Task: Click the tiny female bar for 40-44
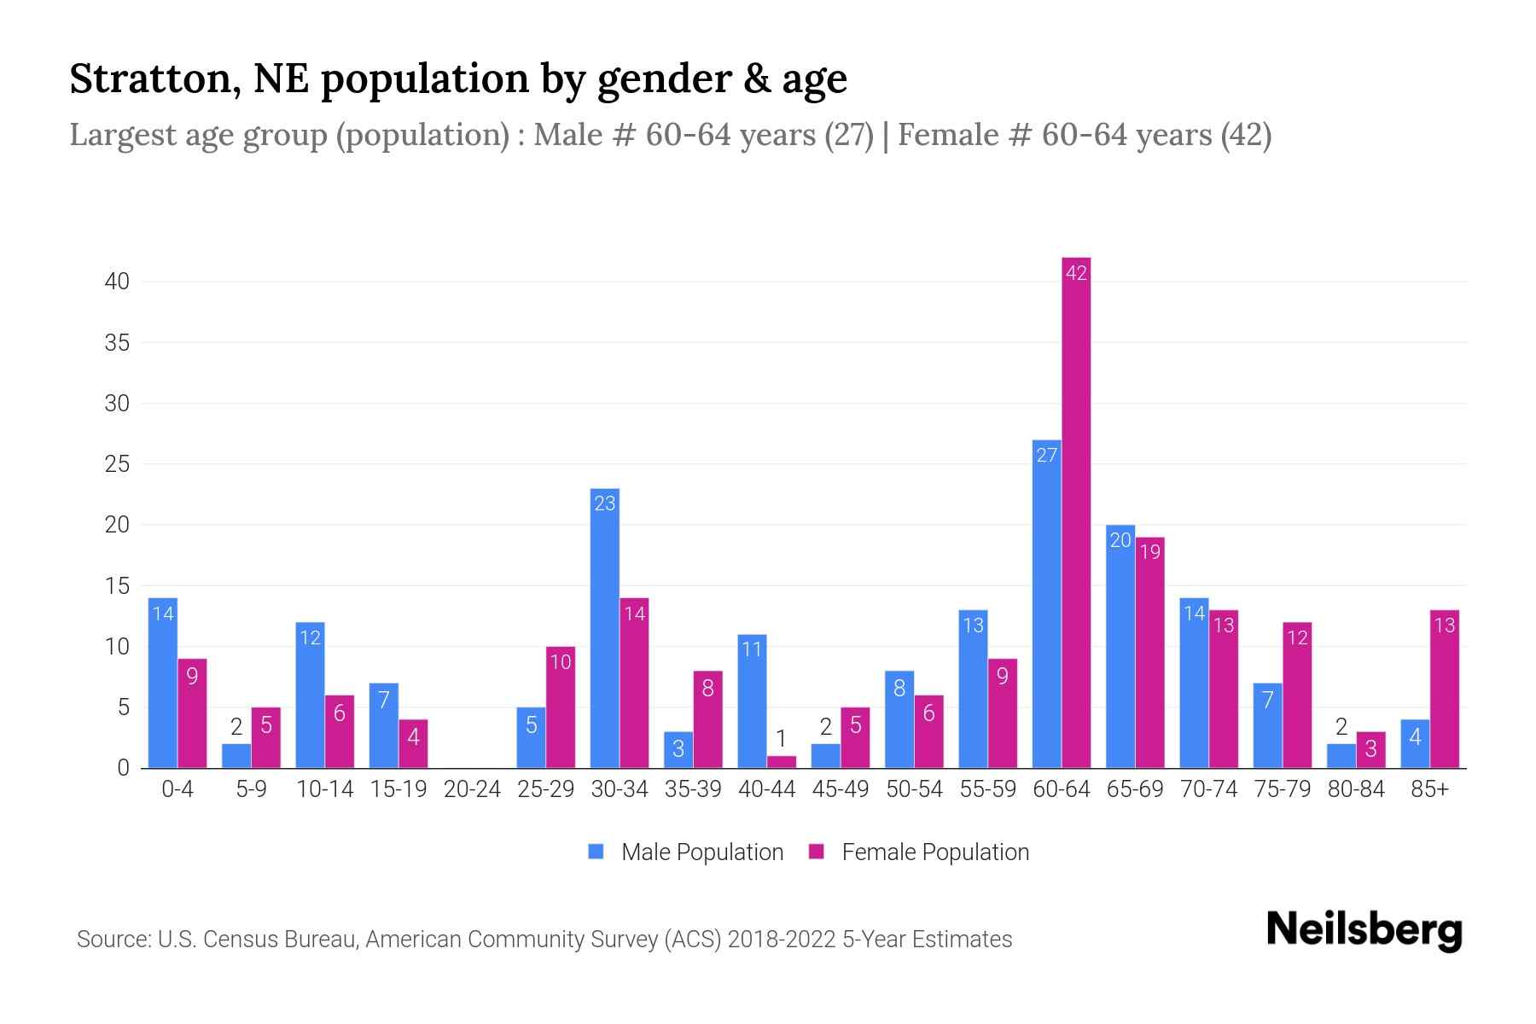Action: pos(782,762)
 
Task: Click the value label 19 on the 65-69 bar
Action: pos(1150,552)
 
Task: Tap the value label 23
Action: pos(604,503)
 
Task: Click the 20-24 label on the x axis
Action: pos(472,789)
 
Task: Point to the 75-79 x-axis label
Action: pos(1282,789)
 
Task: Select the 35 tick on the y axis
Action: pos(117,343)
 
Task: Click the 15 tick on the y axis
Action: pos(117,586)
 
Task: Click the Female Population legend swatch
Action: pos(817,852)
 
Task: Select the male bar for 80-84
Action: pos(1341,756)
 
